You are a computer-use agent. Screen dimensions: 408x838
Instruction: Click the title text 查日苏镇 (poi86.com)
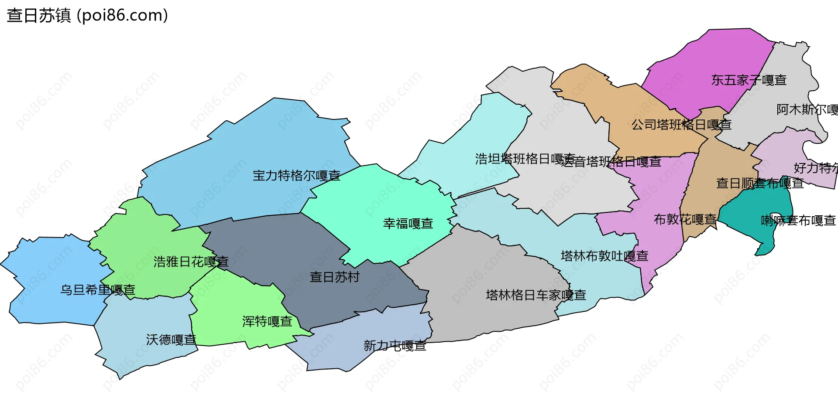[x=87, y=16]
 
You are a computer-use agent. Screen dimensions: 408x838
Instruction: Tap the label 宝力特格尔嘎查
[x=296, y=176]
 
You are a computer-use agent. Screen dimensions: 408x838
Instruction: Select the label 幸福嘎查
[x=408, y=224]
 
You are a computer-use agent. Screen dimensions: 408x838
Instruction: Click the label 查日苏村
[x=334, y=277]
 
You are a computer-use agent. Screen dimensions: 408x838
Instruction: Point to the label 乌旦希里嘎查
[x=98, y=290]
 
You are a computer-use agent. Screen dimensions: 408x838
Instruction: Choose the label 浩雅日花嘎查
[x=191, y=262]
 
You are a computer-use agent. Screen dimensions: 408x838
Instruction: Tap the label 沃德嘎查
[x=171, y=340]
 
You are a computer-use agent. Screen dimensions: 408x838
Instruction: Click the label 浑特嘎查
[x=267, y=322]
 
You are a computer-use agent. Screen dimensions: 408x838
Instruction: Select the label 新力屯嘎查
[x=395, y=346]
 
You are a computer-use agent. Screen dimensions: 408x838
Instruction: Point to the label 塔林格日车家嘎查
[x=536, y=295]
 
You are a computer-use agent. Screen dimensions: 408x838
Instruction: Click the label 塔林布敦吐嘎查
[x=604, y=256]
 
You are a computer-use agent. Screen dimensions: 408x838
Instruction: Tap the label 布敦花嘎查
[x=685, y=219]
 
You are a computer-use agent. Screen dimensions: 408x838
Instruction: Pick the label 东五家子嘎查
[x=749, y=80]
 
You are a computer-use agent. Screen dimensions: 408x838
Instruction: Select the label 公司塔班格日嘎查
[x=681, y=125]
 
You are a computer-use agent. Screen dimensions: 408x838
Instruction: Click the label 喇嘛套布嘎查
[x=798, y=221]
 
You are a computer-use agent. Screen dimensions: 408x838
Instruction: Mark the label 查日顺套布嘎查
[x=759, y=184]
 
